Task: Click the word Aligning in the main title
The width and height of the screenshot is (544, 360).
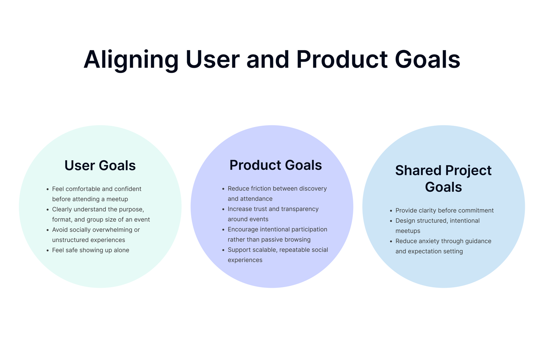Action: (131, 60)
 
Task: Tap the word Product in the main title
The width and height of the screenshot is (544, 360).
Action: (342, 59)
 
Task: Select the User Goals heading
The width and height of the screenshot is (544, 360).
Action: (100, 165)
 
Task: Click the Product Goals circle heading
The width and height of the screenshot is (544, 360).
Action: (276, 165)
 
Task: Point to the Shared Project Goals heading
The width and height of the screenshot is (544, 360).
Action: (443, 179)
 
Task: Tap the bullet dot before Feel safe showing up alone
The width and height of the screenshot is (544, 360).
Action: (48, 250)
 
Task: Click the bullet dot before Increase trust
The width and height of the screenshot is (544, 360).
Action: (223, 209)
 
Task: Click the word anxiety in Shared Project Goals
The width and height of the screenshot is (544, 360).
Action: (427, 241)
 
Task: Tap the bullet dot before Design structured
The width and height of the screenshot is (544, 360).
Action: (391, 221)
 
